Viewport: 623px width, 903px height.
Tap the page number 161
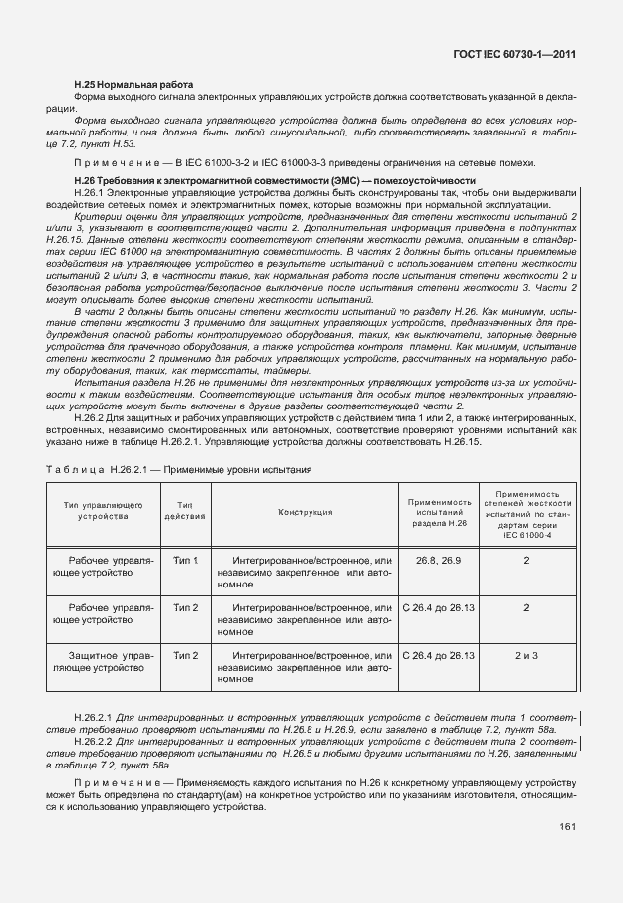pyautogui.click(x=567, y=826)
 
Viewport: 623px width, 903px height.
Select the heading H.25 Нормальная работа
pyautogui.click(x=133, y=84)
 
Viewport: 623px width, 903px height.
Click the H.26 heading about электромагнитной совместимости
pyautogui.click(x=275, y=179)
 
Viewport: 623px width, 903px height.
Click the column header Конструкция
pyautogui.click(x=305, y=512)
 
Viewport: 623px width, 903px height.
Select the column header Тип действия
pyautogui.click(x=185, y=511)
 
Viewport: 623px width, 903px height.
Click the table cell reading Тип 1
pyautogui.click(x=185, y=561)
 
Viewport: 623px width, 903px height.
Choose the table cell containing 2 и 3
pyautogui.click(x=526, y=655)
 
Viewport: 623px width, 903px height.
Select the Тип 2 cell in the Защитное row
pyautogui.click(x=185, y=655)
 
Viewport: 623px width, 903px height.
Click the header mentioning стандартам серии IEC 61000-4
pyautogui.click(x=526, y=512)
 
